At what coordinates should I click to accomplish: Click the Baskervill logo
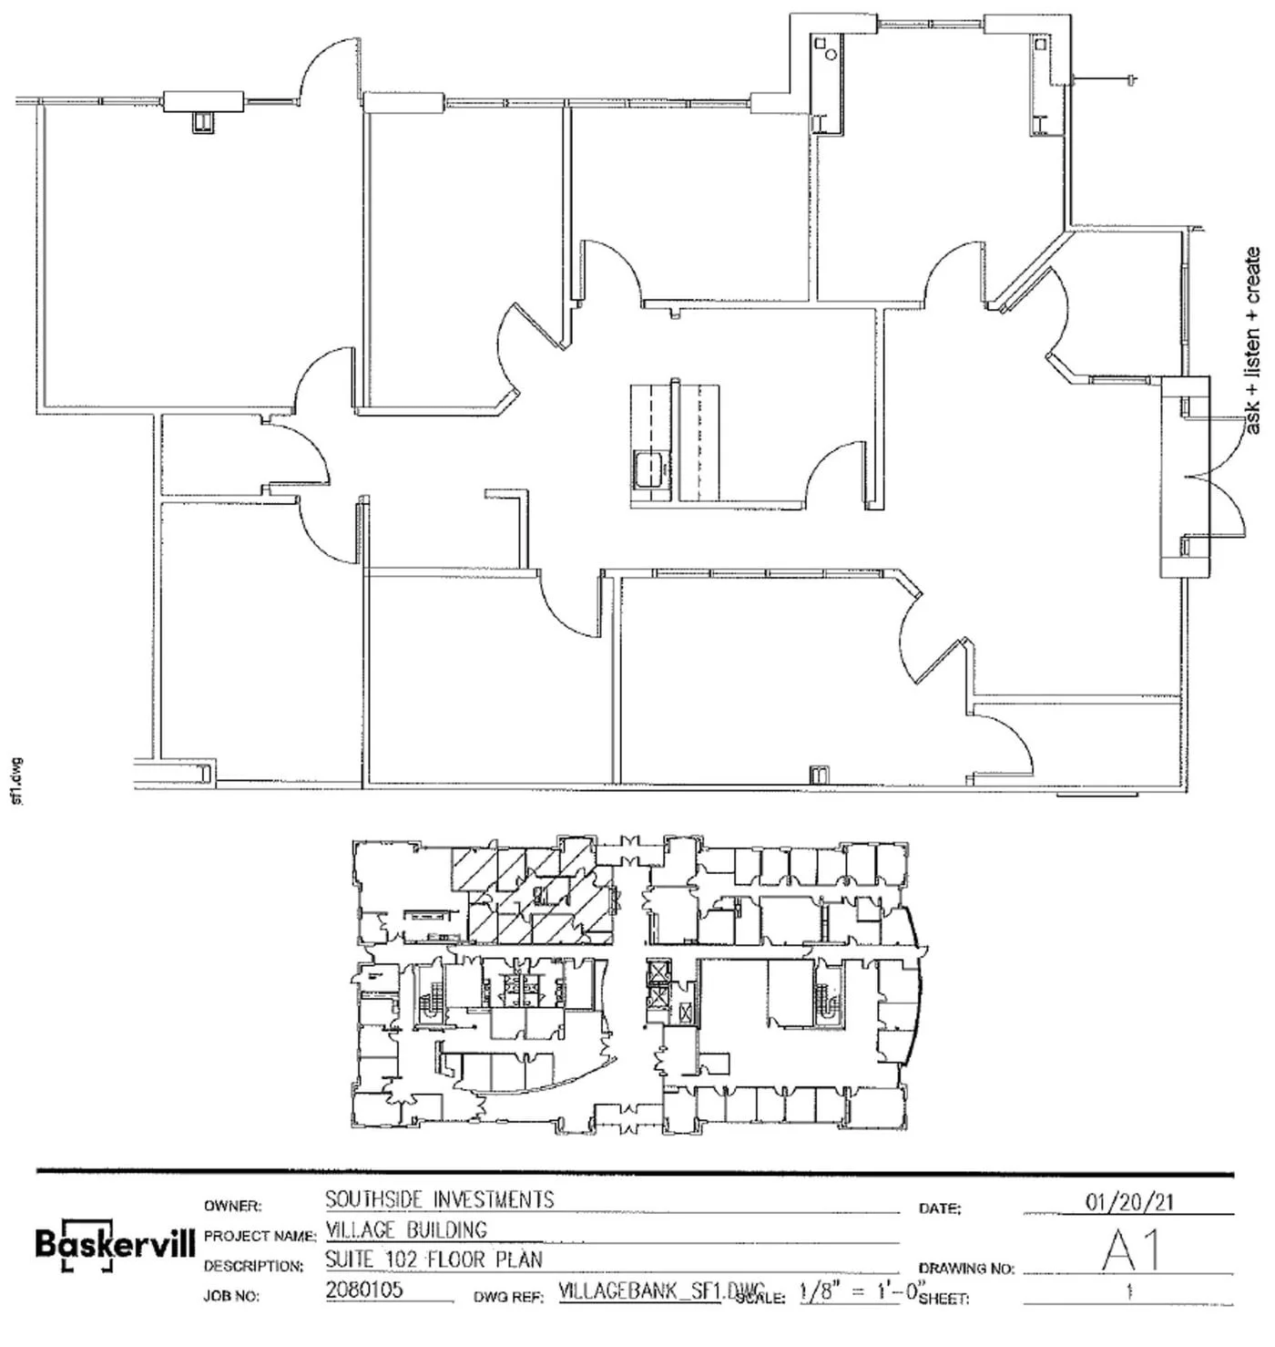[x=115, y=1244]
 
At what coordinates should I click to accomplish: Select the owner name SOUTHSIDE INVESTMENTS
[x=440, y=1199]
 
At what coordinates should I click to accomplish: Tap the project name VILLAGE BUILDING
[x=406, y=1229]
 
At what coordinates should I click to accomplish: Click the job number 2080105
[x=364, y=1290]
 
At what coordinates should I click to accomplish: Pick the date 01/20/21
[x=1129, y=1202]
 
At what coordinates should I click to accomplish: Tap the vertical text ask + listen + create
[x=1253, y=340]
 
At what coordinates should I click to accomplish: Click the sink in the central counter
[x=649, y=468]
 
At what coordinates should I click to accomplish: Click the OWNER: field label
[x=233, y=1207]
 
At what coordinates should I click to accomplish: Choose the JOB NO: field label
[x=232, y=1296]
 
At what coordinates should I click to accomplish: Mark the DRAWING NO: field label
[x=965, y=1268]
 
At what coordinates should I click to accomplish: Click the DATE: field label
[x=940, y=1208]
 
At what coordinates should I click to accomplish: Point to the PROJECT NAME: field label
[x=260, y=1237]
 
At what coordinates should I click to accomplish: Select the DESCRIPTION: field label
[x=253, y=1266]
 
